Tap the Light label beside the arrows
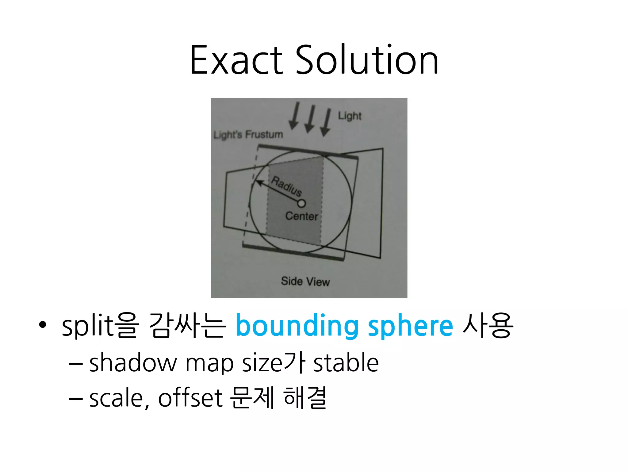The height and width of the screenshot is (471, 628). click(350, 116)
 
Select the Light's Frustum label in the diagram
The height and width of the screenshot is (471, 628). click(248, 134)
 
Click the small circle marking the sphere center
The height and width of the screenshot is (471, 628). click(301, 203)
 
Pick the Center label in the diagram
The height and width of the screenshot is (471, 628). click(302, 216)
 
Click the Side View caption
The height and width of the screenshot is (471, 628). click(305, 281)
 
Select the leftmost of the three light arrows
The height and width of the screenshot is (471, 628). click(295, 116)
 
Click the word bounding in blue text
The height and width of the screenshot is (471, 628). click(297, 326)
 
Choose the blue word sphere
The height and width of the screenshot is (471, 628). click(410, 326)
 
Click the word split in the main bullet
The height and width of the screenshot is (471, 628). click(88, 326)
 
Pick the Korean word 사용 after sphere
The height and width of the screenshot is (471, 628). click(488, 326)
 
